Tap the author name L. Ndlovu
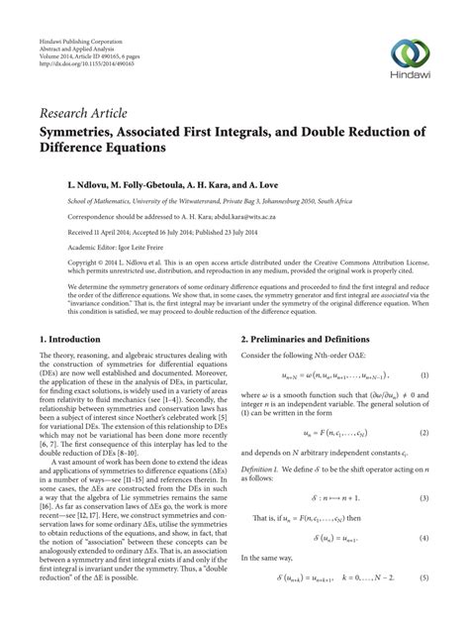(x=64, y=184)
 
